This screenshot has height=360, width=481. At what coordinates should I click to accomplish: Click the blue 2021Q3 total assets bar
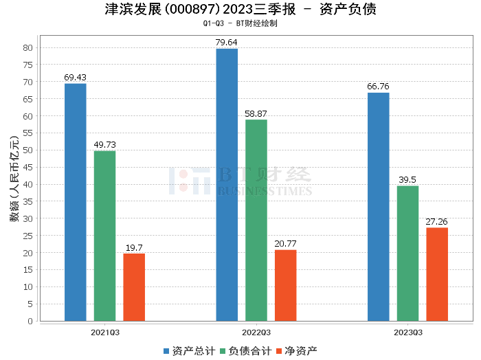click(75, 202)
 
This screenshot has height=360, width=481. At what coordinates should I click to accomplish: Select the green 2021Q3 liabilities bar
click(104, 236)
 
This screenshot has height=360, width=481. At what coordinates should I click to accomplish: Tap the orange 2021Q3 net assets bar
click(134, 287)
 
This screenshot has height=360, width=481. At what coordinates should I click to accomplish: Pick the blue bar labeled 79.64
click(227, 185)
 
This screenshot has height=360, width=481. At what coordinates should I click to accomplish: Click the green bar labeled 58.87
click(256, 220)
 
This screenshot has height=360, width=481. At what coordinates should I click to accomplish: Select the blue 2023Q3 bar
click(378, 207)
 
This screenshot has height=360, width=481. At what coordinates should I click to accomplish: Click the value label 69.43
click(75, 77)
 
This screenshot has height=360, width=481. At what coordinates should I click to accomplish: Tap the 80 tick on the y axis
click(27, 47)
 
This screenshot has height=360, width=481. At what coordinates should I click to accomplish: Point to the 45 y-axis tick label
click(27, 167)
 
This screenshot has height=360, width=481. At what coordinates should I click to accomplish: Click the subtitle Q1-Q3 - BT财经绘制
click(240, 23)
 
